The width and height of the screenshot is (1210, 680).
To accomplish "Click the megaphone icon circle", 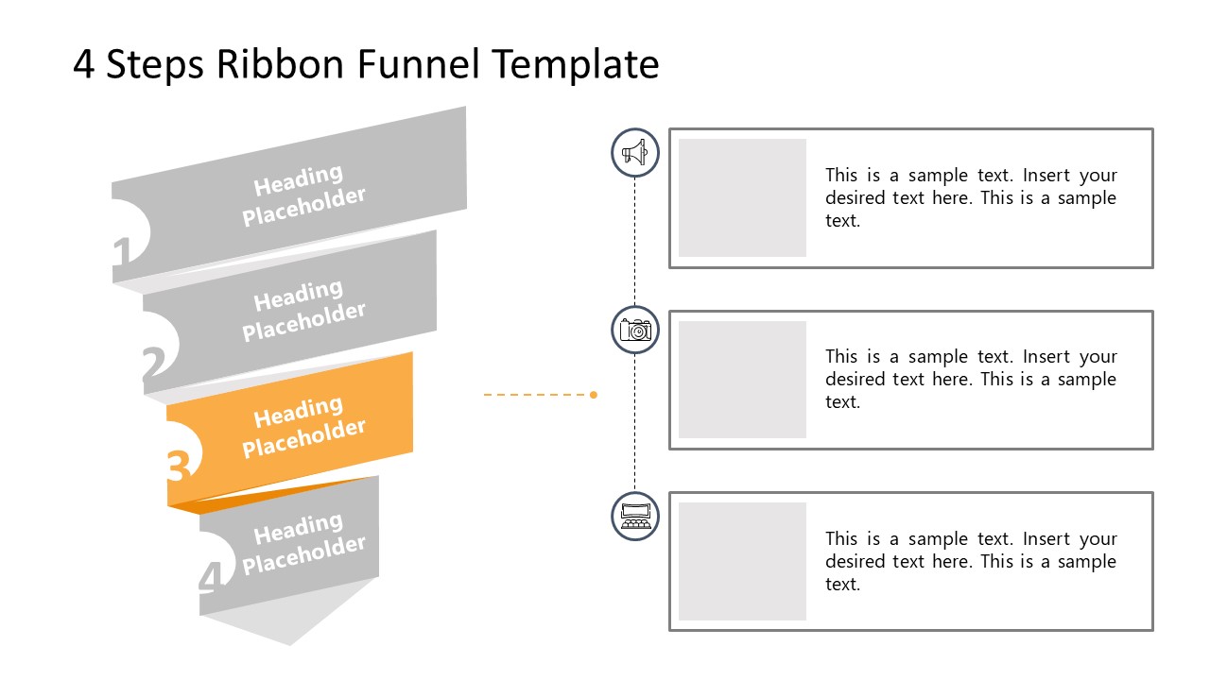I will click(x=635, y=153).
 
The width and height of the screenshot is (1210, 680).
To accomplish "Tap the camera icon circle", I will click(x=635, y=330).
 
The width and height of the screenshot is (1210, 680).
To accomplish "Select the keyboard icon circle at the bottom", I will click(x=635, y=517).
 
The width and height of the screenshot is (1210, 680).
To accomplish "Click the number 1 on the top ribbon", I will click(x=122, y=253).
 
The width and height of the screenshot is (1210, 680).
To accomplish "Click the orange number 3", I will click(x=180, y=465).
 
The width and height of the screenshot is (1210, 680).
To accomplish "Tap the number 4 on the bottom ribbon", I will click(x=212, y=576).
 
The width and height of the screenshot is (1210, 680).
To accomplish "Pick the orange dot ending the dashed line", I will click(x=594, y=395).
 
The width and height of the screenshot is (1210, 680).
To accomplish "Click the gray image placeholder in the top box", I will click(x=742, y=197).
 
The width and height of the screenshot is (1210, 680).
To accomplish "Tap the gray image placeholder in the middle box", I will click(x=742, y=380).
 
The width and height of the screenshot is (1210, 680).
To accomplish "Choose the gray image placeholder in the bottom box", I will click(x=742, y=561).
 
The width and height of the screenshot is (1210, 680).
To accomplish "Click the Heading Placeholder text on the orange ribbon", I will click(x=302, y=427).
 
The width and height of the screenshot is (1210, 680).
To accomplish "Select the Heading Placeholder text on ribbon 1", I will click(x=302, y=195).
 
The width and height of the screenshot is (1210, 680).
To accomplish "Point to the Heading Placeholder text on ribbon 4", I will click(x=302, y=544).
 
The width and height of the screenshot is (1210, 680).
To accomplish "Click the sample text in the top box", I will click(x=971, y=198).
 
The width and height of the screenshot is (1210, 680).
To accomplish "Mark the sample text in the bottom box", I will click(x=971, y=562).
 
